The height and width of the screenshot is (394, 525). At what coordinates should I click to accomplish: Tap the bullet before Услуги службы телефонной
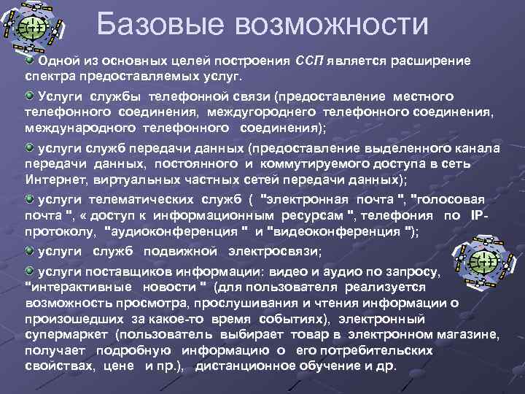click(30, 96)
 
